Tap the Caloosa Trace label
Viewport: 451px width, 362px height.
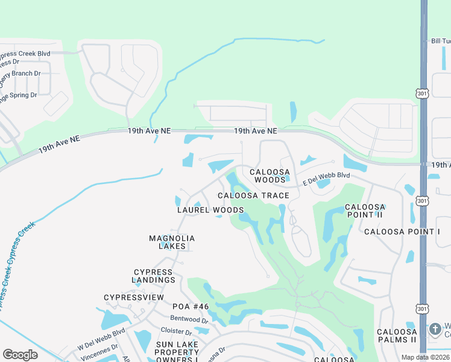253,195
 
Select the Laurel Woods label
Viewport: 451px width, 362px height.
210,210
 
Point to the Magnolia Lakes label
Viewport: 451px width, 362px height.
172,242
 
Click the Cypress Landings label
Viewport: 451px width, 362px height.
154,276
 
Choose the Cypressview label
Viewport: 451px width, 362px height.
134,297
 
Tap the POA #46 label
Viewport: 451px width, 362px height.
191,306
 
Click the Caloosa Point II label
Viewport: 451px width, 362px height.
365,211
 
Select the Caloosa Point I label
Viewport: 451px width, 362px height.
402,232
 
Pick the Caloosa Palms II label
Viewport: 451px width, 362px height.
397,335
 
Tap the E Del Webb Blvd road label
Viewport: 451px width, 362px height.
326,178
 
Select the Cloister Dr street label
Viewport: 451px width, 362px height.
177,331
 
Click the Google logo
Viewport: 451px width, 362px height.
20,355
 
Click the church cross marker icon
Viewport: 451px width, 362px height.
435,329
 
